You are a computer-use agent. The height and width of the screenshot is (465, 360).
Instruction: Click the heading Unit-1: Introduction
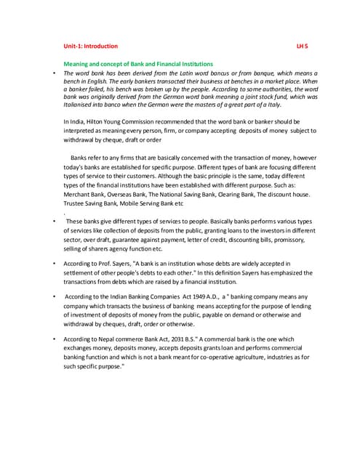pos(91,46)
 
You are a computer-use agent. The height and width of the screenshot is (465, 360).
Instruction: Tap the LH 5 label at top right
pos(303,46)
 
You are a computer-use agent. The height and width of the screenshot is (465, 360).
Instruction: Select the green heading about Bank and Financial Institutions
pos(138,65)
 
